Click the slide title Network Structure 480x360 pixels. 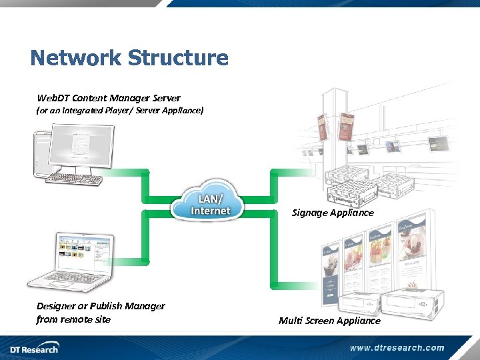pos(129,58)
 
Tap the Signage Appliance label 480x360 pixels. pos(333,213)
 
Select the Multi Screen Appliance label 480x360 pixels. pos(329,321)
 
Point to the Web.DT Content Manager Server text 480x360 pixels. pos(108,98)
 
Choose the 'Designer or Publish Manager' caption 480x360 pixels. pos(101,306)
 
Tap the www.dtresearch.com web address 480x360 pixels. pos(397,347)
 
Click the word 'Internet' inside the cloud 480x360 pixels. pos(210,211)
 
